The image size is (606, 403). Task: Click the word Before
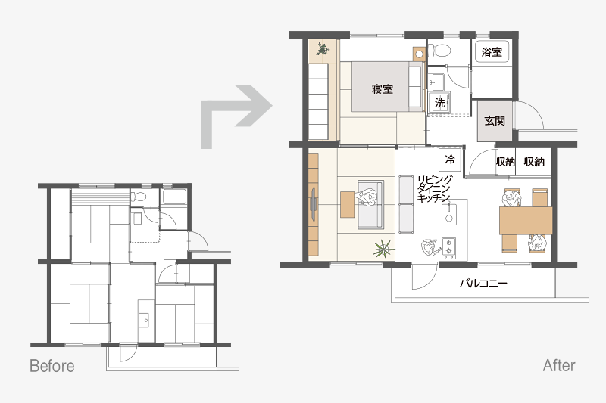pos(52,366)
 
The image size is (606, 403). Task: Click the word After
pos(559,365)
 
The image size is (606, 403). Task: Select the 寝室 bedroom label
pos(383,89)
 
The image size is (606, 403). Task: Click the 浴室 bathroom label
pos(492,52)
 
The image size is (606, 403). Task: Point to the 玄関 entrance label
pos(495,121)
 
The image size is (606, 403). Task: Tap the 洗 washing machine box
pos(440,103)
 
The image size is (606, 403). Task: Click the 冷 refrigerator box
pos(450,159)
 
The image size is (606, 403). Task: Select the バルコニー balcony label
pos(483,284)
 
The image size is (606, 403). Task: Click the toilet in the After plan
pos(439,50)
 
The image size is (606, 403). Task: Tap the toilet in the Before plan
pos(139,197)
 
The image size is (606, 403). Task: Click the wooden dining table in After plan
pos(526,221)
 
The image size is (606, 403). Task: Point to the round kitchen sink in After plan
pos(448,219)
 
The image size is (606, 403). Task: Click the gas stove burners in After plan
pos(448,247)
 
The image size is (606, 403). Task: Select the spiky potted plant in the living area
pos(383,248)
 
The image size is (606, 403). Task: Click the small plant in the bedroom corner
pos(323,49)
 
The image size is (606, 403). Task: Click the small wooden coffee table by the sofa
pos(347,204)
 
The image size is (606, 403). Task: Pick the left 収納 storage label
pos(505,162)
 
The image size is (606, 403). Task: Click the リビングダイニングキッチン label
pos(434,189)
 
